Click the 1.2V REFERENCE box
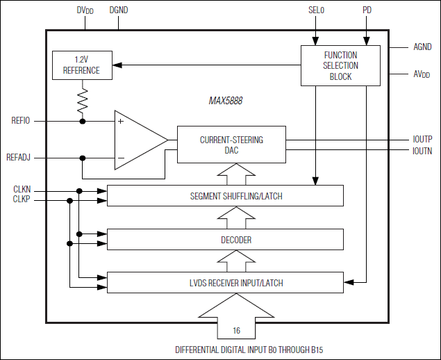coord(81,65)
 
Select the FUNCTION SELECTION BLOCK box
coord(340,65)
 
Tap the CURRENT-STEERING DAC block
coord(231,145)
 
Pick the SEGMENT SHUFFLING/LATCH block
coord(225,196)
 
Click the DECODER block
coord(225,240)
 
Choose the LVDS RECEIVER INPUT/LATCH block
coord(225,283)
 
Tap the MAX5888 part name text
coord(226,101)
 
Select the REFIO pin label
coord(21,121)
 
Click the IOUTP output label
coord(422,139)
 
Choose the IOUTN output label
coord(422,150)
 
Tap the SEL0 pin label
coord(316,11)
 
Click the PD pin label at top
coord(367,11)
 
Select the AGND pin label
coord(422,47)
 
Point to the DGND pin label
coord(119,11)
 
